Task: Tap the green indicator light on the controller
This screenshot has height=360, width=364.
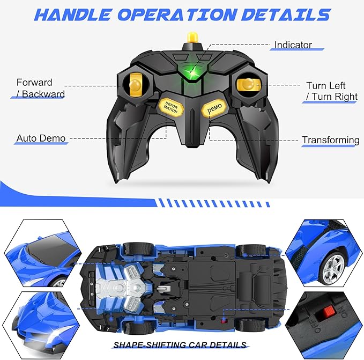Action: click(192, 71)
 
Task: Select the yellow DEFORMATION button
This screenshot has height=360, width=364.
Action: click(171, 107)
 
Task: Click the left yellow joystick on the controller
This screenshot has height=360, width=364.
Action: click(135, 84)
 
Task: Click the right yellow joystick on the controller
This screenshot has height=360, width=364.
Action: click(248, 84)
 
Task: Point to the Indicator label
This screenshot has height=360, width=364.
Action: click(293, 45)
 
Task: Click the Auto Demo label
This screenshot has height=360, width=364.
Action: click(41, 138)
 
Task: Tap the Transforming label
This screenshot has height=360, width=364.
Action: click(331, 140)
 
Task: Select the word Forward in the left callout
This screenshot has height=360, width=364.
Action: click(34, 83)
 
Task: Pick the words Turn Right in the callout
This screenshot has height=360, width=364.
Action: click(335, 97)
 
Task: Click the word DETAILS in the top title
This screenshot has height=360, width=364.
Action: click(286, 14)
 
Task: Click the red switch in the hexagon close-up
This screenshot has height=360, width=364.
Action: click(325, 311)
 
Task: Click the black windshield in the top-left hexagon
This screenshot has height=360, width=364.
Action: click(51, 248)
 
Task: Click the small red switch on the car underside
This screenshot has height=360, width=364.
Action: click(224, 321)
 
